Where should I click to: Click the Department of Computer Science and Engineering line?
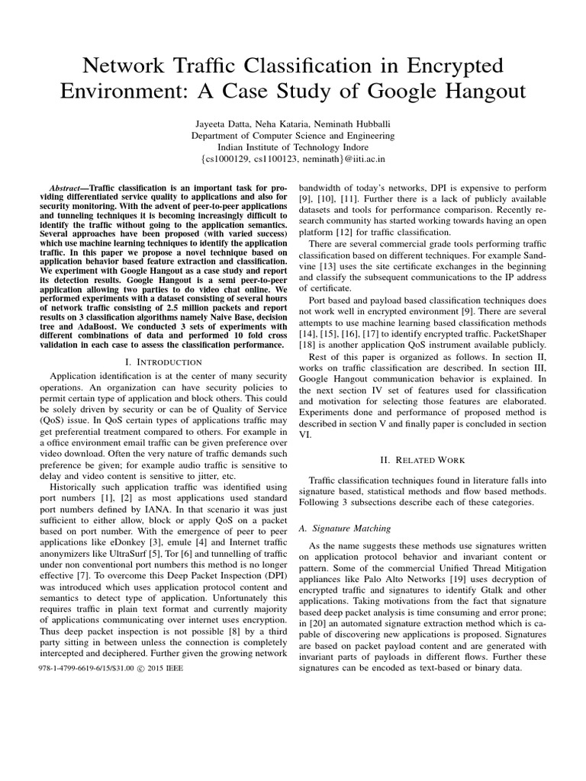point(292,135)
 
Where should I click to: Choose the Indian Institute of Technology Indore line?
point(292,147)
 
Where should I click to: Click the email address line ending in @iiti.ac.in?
point(292,159)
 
